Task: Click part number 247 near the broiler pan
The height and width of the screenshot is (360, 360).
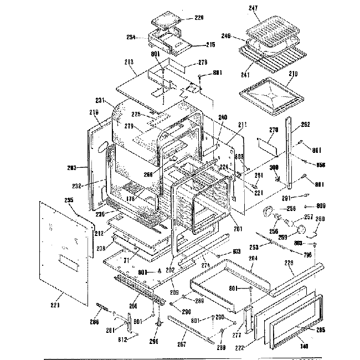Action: coord(254,9)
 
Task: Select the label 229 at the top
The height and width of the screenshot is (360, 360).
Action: coord(199,18)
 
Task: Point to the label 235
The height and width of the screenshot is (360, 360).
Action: coord(69,201)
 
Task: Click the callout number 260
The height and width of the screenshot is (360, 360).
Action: coord(320,219)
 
